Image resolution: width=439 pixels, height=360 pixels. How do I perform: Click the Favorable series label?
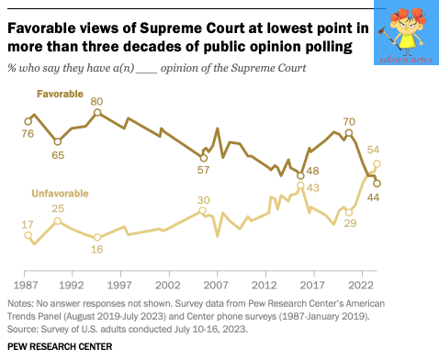[x=60, y=94]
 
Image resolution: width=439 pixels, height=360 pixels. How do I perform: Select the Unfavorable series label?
[x=60, y=194]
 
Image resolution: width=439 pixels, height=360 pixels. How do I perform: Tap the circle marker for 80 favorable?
[x=97, y=113]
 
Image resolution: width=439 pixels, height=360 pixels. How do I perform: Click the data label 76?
[x=28, y=134]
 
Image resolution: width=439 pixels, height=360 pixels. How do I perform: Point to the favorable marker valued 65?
[x=58, y=142]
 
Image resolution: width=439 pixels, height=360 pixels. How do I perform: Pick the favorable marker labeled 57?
[x=204, y=158]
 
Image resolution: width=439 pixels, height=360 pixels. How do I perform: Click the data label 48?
[x=312, y=171]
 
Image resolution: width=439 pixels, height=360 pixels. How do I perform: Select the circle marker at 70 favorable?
[x=349, y=133]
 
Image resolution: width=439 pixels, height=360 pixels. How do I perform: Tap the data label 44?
[x=373, y=197]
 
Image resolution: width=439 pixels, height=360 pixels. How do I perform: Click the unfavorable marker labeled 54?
[x=377, y=164]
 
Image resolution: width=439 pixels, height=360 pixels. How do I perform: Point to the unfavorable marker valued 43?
[x=300, y=186]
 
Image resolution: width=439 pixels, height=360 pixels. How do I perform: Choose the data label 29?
[x=350, y=223]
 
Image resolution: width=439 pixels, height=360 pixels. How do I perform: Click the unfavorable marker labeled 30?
[x=202, y=210]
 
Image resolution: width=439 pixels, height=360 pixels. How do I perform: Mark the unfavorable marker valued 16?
[x=97, y=237]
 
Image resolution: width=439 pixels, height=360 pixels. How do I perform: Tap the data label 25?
[x=58, y=208]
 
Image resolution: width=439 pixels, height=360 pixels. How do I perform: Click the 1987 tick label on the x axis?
[x=26, y=286]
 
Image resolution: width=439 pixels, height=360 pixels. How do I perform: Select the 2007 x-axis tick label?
[x=216, y=286]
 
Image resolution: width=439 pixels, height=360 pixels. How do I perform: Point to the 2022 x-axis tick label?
[x=361, y=286]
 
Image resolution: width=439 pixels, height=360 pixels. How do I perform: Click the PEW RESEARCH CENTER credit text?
[x=60, y=346]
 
